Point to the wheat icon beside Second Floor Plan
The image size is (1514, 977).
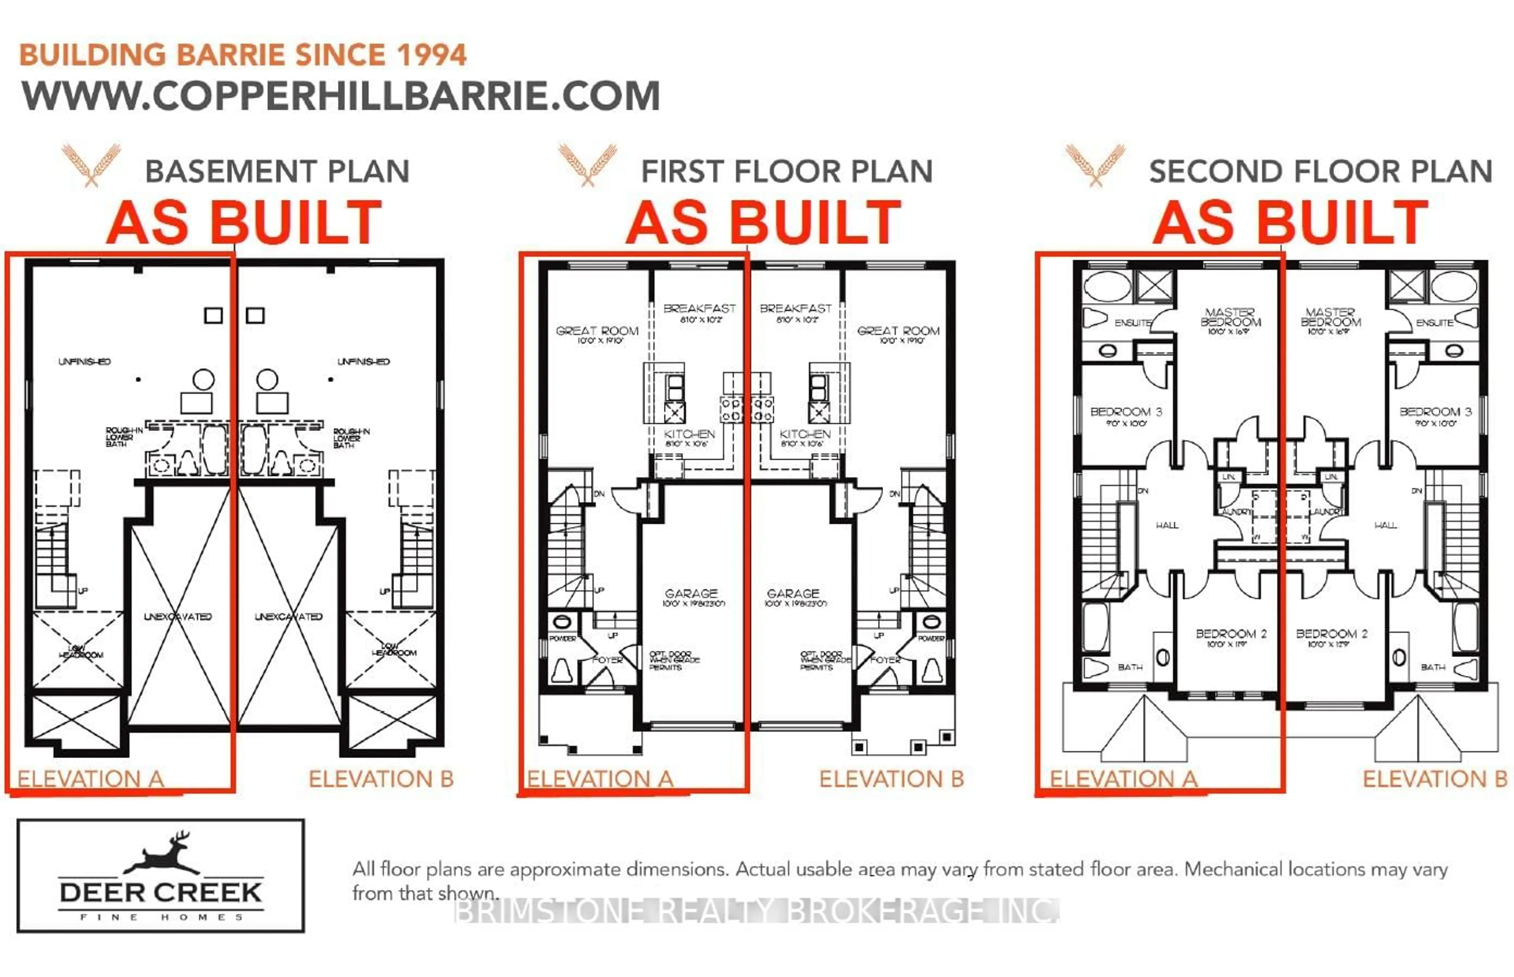click(x=1095, y=164)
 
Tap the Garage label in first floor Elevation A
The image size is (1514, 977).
click(x=691, y=593)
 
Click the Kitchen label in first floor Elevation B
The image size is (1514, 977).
click(x=805, y=434)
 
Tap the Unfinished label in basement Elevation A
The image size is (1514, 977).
click(x=84, y=362)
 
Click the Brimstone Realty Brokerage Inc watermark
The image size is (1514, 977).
click(x=756, y=911)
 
